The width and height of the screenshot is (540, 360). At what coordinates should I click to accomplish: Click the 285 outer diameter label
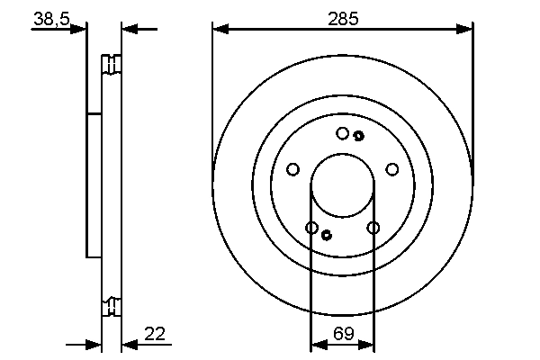pyautogui.click(x=342, y=17)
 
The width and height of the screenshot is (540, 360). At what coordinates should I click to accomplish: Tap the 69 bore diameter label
pyautogui.click(x=342, y=334)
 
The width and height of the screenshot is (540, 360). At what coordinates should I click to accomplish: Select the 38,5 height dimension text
pyautogui.click(x=51, y=17)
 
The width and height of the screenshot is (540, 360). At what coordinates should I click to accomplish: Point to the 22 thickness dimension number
pyautogui.click(x=155, y=334)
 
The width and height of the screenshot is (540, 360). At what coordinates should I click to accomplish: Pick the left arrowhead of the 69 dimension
pyautogui.click(x=317, y=344)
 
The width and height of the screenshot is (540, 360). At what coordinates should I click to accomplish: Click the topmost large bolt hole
pyautogui.click(x=342, y=133)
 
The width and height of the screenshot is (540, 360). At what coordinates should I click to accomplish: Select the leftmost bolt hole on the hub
pyautogui.click(x=292, y=169)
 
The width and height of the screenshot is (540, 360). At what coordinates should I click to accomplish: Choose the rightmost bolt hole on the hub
pyautogui.click(x=391, y=169)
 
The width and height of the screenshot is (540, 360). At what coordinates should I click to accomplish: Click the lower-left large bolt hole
pyautogui.click(x=311, y=228)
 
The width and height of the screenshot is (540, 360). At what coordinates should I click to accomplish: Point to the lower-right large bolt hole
pyautogui.click(x=373, y=228)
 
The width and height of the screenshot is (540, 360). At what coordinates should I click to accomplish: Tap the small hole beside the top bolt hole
pyautogui.click(x=358, y=136)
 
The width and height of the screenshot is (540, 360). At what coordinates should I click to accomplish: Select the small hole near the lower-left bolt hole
pyautogui.click(x=326, y=236)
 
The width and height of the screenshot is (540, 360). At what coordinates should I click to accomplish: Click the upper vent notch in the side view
pyautogui.click(x=112, y=65)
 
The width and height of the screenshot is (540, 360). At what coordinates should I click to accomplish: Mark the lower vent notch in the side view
pyautogui.click(x=112, y=306)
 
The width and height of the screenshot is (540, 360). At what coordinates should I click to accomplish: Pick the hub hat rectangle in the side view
pyautogui.click(x=94, y=184)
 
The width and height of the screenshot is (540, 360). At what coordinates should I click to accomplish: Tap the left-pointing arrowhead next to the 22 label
pyautogui.click(x=129, y=344)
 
